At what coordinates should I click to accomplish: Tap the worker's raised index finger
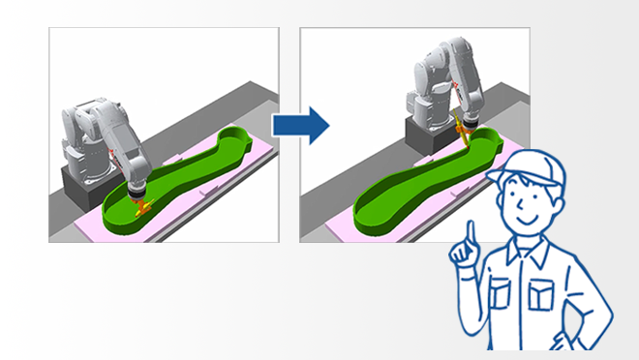coord(471,232)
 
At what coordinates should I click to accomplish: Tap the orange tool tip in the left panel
coord(143,205)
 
